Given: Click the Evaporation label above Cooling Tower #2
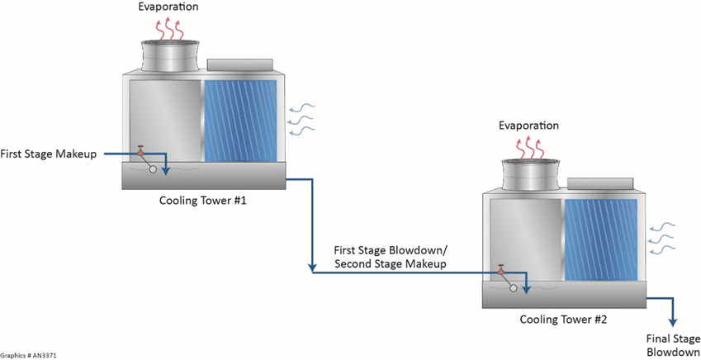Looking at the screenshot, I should point(529,126).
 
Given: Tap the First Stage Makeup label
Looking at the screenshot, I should point(50,154).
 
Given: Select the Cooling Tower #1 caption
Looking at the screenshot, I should point(201,200).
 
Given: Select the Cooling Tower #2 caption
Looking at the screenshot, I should point(563,319).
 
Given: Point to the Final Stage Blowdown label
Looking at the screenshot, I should point(673,344).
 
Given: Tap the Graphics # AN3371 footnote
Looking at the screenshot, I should point(29,355).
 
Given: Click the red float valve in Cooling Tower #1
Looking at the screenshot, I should point(140,151).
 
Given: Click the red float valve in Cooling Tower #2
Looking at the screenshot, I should point(500,270).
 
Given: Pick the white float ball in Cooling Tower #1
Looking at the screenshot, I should point(153,169).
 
